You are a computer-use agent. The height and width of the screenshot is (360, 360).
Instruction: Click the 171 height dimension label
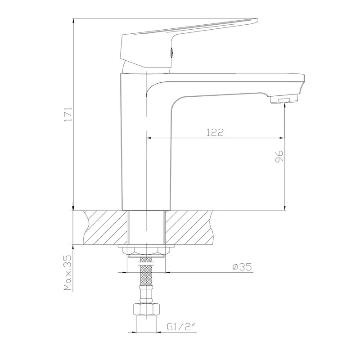(68, 114)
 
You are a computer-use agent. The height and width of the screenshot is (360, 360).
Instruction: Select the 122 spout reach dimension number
(215, 132)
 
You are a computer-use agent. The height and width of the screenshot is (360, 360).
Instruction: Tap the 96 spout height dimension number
(279, 157)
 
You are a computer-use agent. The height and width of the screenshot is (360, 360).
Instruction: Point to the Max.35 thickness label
(68, 272)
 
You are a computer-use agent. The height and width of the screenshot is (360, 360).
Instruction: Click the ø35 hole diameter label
(242, 267)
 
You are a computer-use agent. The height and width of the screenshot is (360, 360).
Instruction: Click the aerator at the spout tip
(284, 100)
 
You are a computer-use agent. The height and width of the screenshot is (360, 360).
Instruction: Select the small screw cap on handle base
(171, 52)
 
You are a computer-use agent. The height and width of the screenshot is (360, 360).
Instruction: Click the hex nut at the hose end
(146, 310)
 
